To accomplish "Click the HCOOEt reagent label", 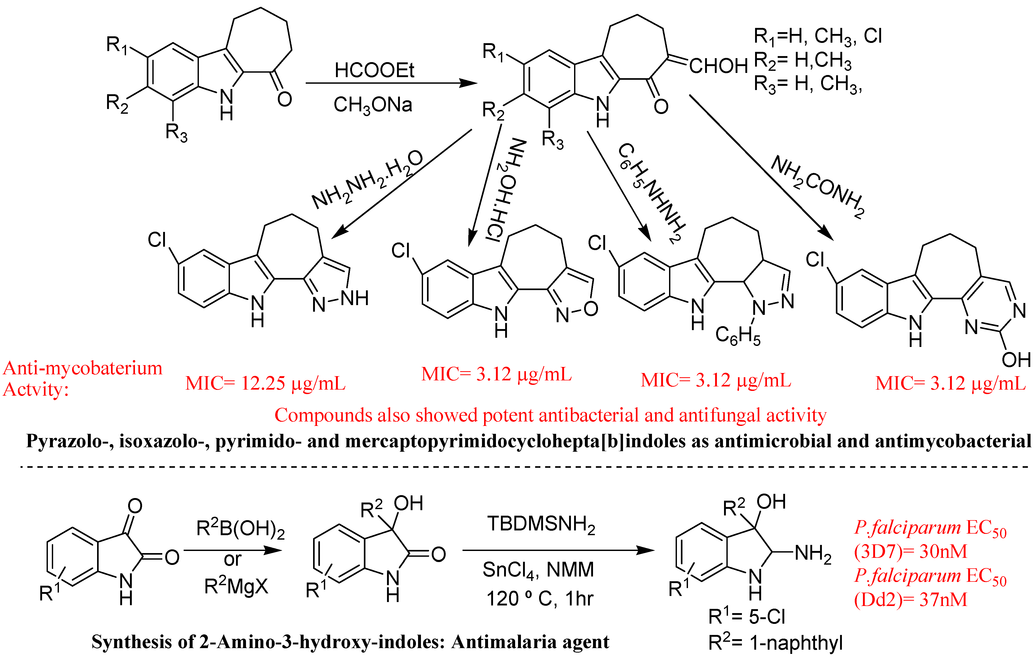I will (374, 70).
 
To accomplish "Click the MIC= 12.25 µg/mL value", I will (265, 383).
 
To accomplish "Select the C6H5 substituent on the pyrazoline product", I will (737, 335).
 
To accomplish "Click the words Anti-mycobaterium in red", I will (83, 368).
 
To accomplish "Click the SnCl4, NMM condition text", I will (538, 570).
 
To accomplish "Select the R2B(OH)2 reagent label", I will (240, 529).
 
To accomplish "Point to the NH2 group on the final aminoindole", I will (813, 554).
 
